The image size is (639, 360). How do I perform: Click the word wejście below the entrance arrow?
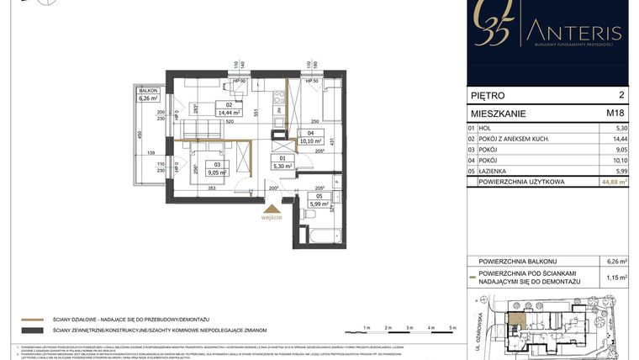pos(271,216)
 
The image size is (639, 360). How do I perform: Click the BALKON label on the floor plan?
pos(149,90)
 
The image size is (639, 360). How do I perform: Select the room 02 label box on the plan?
pos(229,109)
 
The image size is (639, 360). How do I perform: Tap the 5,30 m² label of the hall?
pos(283,167)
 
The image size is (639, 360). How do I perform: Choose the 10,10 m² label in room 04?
pos(310,140)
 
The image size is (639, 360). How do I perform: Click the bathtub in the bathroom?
pos(322,235)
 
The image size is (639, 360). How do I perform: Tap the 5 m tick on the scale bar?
pos(452,327)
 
